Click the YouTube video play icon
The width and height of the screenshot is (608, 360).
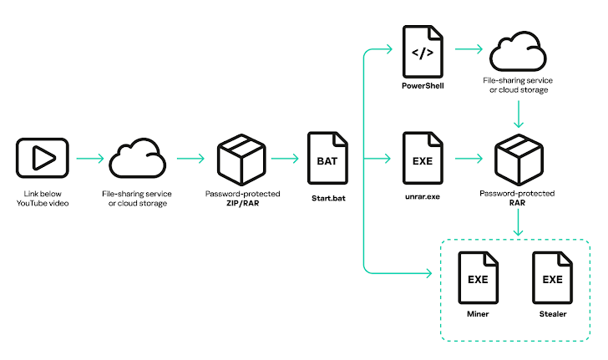point(41,157)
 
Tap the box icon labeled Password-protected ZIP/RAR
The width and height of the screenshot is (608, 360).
point(241,158)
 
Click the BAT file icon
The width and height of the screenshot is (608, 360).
point(327,157)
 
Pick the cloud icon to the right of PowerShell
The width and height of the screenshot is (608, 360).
point(518,52)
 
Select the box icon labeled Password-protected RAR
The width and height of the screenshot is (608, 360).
point(518,158)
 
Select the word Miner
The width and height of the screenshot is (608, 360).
point(477,315)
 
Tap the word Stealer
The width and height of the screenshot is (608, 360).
point(552,315)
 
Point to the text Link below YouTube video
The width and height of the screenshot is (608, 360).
point(41,199)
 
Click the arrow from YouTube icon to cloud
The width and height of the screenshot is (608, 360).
point(89,157)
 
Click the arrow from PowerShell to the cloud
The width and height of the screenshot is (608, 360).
point(469,49)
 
